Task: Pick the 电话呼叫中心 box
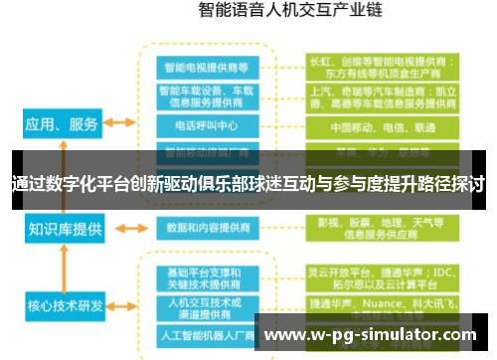coord(208,128)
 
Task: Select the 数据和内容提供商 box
coord(208,227)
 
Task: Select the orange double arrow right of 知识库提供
coord(121,227)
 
